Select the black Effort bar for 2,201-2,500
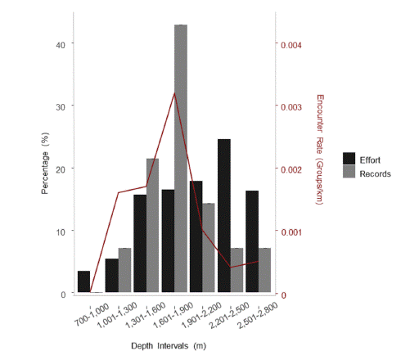tap(223, 217)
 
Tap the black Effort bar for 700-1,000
tap(83, 282)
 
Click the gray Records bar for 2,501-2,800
tap(265, 271)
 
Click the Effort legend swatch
tap(349, 158)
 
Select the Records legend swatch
tap(349, 173)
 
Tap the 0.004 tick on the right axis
tap(291, 44)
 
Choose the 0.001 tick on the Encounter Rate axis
tap(291, 232)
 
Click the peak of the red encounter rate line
tap(174, 93)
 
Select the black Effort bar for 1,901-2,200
tap(196, 237)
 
